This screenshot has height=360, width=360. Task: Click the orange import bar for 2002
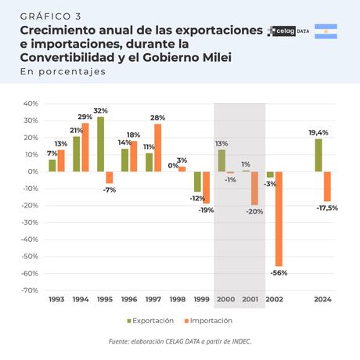278,219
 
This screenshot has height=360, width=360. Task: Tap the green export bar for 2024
319,155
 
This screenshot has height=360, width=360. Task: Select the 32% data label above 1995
100,110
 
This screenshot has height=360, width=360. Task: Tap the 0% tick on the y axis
32,171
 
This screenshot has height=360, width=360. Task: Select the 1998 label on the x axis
178,301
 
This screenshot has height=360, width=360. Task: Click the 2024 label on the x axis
322,301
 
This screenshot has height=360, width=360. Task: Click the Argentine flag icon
326,32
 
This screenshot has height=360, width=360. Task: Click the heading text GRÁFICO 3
50,16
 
